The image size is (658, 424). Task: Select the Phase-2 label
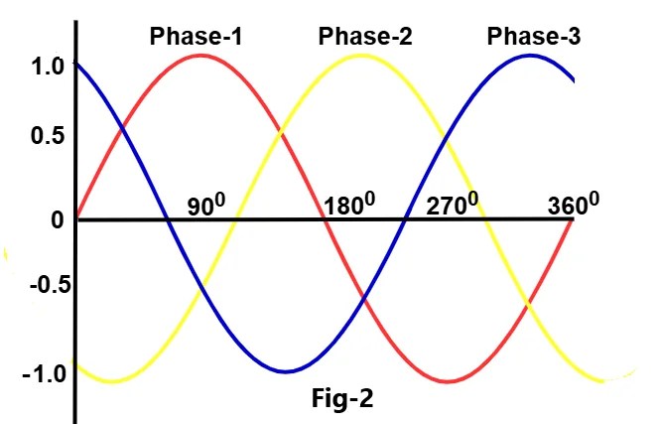coord(365,38)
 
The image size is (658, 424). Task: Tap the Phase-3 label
coord(534,38)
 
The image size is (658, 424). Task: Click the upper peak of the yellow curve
coord(363,55)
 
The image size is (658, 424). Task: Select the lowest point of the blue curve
coord(285,371)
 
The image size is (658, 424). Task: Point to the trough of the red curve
coord(449,381)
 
